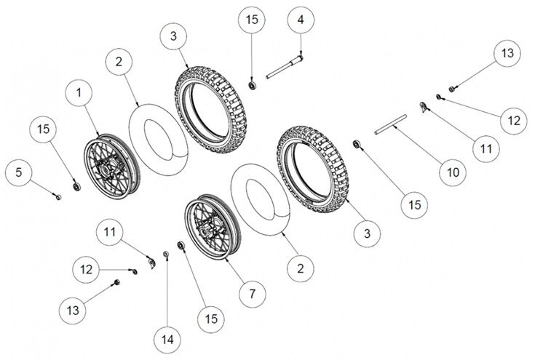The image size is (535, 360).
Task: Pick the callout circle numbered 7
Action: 251,294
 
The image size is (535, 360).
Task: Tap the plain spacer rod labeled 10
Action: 397,128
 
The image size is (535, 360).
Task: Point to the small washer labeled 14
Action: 165,253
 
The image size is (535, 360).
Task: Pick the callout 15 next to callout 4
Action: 251,20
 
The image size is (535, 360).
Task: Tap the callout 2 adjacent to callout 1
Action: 120,60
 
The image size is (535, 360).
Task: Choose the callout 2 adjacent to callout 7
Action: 299,268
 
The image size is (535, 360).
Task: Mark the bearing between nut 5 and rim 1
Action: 75,187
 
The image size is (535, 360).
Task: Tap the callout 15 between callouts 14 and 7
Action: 210,319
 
